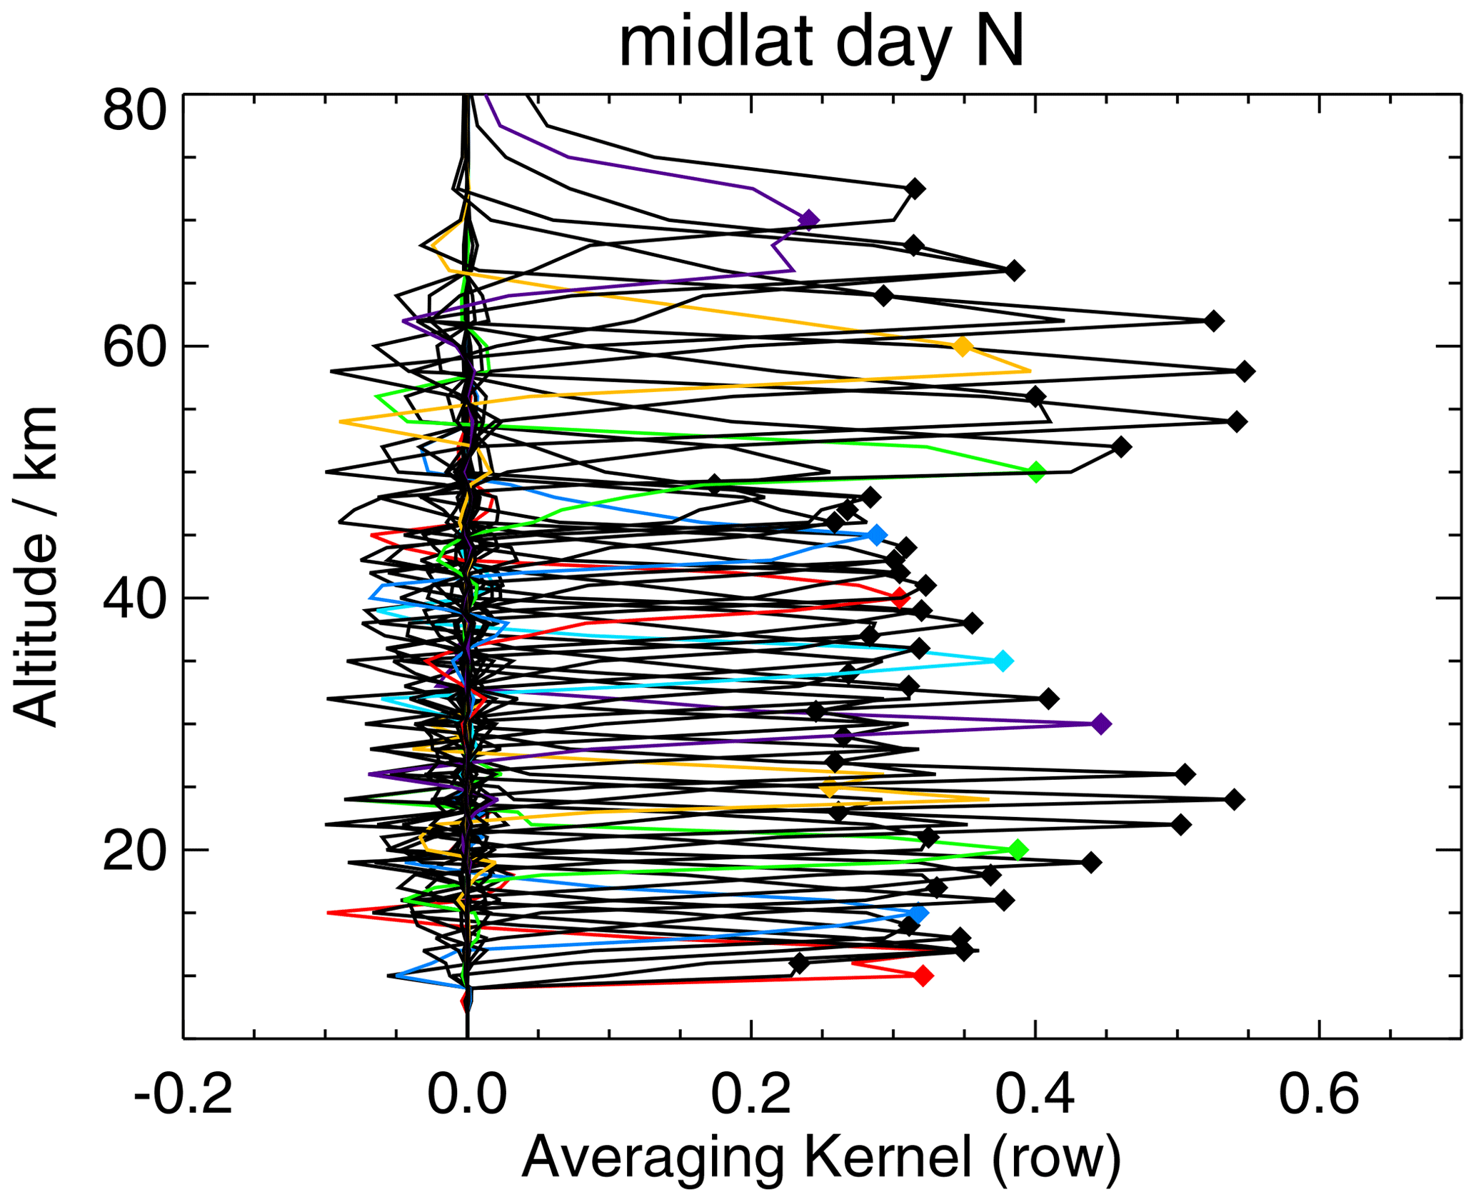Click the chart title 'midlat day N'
point(821,44)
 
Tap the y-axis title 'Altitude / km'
point(36,566)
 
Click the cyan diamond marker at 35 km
point(1003,661)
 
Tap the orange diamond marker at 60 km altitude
point(963,346)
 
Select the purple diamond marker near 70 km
point(808,219)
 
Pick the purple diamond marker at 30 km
point(1102,724)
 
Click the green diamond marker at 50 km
point(1037,471)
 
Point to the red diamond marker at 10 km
point(923,976)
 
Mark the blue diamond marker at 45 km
point(877,535)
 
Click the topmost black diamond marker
point(915,189)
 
